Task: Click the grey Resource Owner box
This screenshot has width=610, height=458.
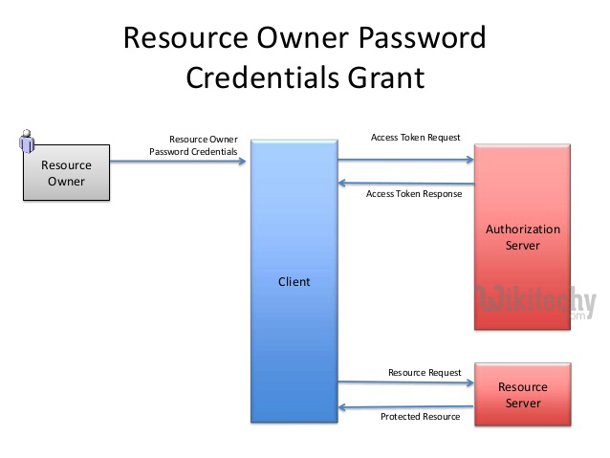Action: pyautogui.click(x=66, y=173)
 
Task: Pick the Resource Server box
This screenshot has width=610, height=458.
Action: pyautogui.click(x=523, y=395)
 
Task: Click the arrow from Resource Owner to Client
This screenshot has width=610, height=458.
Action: pyautogui.click(x=179, y=161)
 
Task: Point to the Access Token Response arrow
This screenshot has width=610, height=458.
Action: pyautogui.click(x=406, y=184)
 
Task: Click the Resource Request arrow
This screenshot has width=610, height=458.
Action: pyautogui.click(x=406, y=382)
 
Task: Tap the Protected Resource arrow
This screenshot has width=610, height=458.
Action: pyautogui.click(x=406, y=407)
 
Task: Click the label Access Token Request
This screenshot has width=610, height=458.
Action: pyautogui.click(x=415, y=138)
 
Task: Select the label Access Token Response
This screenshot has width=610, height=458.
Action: pyautogui.click(x=414, y=194)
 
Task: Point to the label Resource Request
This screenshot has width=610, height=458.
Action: pyautogui.click(x=425, y=372)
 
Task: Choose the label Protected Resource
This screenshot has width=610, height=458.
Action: pyautogui.click(x=420, y=417)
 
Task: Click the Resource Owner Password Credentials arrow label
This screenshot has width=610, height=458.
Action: pyautogui.click(x=193, y=145)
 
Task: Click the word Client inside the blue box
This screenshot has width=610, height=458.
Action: pyautogui.click(x=294, y=282)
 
